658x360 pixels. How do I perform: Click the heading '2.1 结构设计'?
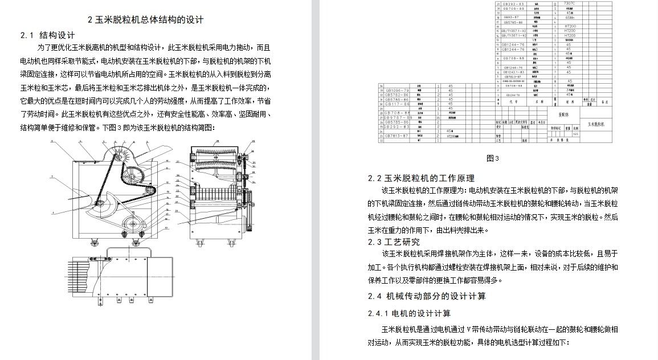click(48, 35)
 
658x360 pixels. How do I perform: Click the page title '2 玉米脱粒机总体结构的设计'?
click(146, 20)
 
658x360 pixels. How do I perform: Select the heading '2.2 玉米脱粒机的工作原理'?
click(422, 178)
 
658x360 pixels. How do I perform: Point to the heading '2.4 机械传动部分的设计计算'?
click(427, 296)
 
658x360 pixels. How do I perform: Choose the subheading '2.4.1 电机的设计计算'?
click(410, 313)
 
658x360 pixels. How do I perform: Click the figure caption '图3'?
click(493, 158)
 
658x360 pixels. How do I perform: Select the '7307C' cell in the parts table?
click(569, 3)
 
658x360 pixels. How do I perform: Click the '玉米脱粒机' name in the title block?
click(599, 123)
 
